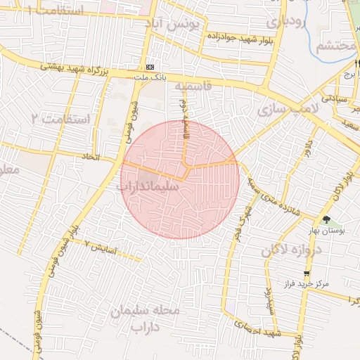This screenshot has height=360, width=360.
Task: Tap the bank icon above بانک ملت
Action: [149, 67]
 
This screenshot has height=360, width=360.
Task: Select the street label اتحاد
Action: [92, 156]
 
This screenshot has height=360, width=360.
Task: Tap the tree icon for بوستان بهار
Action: [325, 219]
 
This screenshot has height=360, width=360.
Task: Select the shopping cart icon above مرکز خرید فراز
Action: [307, 274]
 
